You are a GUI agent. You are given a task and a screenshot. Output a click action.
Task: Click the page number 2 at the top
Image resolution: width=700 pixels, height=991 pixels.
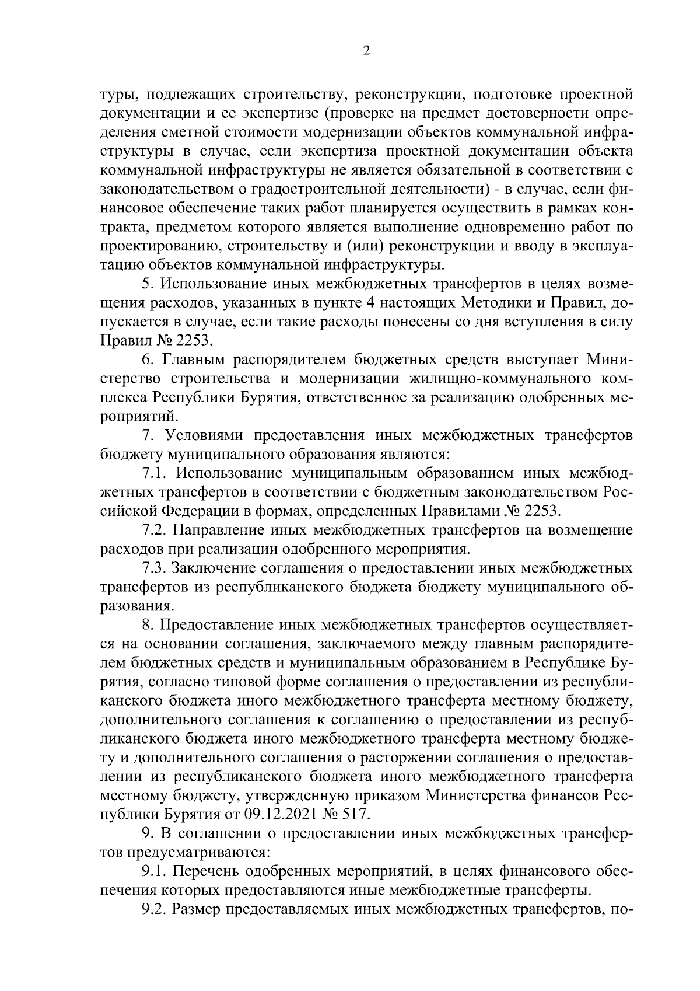[366, 51]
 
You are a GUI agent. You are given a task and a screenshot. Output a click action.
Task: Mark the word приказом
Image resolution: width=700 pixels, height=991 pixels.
[385, 795]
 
